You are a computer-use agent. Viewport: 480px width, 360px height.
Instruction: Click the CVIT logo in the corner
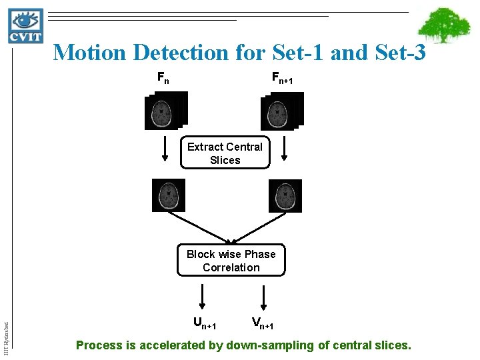coord(26,25)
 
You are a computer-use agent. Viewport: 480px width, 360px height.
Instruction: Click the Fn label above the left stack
coord(163,78)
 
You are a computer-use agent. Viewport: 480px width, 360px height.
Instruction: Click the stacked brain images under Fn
coord(166,110)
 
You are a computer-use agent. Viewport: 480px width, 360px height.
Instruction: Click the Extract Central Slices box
coord(225,153)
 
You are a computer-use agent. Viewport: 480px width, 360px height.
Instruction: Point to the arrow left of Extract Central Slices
coord(164,149)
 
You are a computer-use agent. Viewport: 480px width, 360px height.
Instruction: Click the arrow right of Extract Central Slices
coord(285,149)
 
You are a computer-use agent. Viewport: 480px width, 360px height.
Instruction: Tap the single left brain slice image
coord(169,195)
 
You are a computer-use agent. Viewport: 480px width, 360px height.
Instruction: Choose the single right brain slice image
coord(285,195)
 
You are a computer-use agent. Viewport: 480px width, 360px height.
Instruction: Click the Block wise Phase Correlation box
coord(231,261)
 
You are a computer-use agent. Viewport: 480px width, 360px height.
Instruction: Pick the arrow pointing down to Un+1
coord(203,295)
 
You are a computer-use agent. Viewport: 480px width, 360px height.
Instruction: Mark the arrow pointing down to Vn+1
coord(263,295)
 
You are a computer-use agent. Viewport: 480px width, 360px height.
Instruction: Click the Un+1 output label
coord(204,324)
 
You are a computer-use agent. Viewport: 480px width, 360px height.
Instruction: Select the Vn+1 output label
coord(262,324)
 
